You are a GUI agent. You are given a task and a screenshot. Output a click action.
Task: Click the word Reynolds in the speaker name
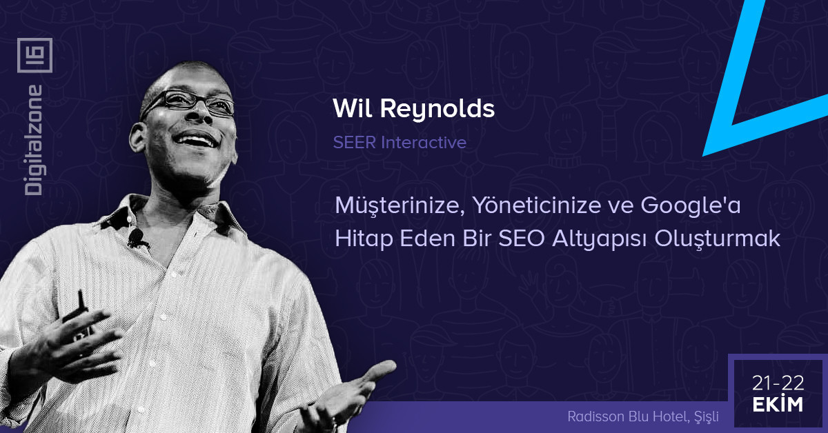(x=437, y=109)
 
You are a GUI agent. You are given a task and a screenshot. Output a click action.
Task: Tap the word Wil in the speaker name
(x=353, y=108)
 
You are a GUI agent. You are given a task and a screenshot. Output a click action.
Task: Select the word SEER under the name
(x=355, y=142)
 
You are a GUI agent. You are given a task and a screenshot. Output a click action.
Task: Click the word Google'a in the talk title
(x=691, y=206)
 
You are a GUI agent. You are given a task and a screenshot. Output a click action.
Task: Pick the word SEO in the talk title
(x=522, y=239)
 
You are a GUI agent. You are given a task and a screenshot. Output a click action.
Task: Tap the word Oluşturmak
(x=718, y=239)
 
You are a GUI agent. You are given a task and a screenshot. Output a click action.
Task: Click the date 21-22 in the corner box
(x=778, y=383)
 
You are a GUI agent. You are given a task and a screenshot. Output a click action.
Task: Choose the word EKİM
(x=778, y=404)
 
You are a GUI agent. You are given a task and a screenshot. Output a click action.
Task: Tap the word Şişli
(x=707, y=416)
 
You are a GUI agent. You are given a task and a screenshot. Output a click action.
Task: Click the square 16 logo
(x=34, y=55)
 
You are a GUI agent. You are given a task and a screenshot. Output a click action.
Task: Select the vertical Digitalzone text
(x=34, y=140)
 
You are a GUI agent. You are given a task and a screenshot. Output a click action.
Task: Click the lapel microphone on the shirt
(x=136, y=239)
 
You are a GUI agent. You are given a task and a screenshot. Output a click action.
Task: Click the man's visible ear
(x=137, y=137)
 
